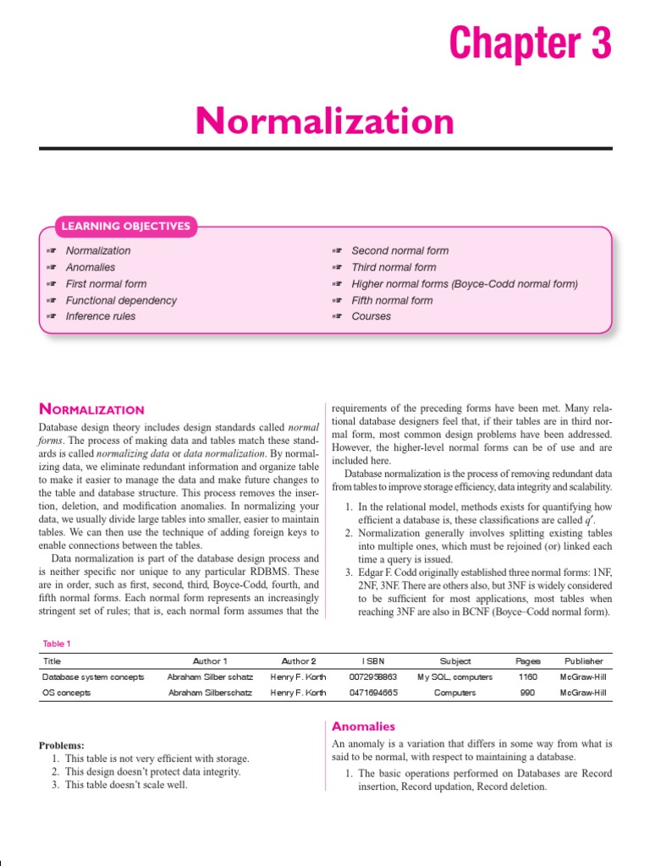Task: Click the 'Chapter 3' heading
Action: (530, 43)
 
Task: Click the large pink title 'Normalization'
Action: (325, 122)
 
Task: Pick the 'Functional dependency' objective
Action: (121, 300)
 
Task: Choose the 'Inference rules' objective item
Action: (100, 316)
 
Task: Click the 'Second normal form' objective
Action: (399, 250)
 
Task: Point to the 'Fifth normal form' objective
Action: (391, 300)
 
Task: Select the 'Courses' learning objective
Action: (371, 316)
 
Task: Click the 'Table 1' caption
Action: (58, 644)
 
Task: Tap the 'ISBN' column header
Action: (372, 661)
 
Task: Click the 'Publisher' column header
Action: (583, 661)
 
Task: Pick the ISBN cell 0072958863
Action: (372, 677)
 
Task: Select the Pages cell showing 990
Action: (527, 693)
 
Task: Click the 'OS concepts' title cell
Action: (67, 693)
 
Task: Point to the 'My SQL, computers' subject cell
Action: (454, 677)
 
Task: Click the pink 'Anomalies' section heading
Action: (363, 726)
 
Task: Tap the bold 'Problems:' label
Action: (62, 745)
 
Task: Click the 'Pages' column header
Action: (527, 661)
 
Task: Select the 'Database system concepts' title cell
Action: (93, 677)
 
